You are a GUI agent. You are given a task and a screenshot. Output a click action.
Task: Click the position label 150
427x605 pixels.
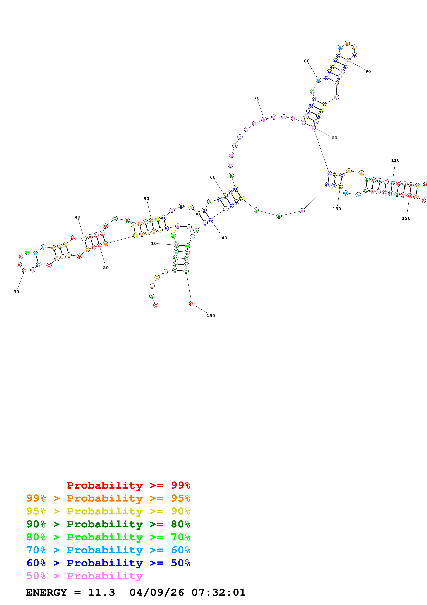(x=210, y=315)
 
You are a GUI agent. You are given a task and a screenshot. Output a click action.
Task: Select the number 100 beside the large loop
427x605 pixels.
(x=333, y=138)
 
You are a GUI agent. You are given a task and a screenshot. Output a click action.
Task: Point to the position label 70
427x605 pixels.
(x=256, y=98)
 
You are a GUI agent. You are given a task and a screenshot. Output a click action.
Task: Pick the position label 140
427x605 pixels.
(x=223, y=238)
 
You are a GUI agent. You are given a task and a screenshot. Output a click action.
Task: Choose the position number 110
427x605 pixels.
(x=395, y=160)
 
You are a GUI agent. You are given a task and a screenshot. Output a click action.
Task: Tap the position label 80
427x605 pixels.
(x=307, y=61)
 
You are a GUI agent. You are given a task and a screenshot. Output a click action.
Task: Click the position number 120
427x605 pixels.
(x=406, y=218)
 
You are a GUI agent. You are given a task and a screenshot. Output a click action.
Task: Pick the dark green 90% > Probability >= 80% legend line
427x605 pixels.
(x=108, y=524)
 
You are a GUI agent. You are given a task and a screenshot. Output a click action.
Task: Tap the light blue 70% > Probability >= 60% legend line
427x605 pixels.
(x=108, y=550)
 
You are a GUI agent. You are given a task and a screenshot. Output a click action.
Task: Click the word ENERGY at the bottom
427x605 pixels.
(x=46, y=592)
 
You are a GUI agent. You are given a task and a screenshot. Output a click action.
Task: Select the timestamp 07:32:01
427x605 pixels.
(x=218, y=592)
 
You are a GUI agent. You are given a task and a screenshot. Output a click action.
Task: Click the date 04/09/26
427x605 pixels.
(x=157, y=592)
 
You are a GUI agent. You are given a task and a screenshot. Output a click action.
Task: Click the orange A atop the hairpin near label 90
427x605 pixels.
(x=347, y=43)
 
